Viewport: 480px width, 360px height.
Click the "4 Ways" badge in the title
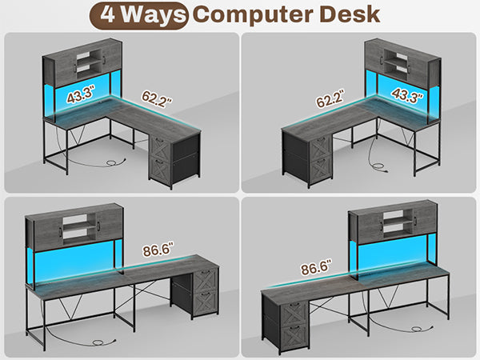[x=138, y=15]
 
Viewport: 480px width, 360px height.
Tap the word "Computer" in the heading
[x=253, y=14]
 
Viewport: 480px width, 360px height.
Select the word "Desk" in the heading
[x=350, y=14]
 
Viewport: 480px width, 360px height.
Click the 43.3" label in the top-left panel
[x=81, y=94]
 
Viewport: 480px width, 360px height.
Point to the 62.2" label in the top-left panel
[x=157, y=98]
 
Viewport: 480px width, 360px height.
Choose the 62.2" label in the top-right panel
[x=330, y=98]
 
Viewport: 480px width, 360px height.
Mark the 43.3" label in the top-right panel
[x=407, y=95]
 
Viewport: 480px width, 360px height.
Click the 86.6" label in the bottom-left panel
[x=158, y=250]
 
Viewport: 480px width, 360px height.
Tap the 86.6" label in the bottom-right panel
[x=316, y=267]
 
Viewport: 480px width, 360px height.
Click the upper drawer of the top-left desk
[x=159, y=147]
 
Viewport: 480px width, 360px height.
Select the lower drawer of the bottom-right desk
[x=294, y=337]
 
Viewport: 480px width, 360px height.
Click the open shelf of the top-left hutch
[x=89, y=62]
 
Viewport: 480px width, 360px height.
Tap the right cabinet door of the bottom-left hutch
[x=110, y=225]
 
